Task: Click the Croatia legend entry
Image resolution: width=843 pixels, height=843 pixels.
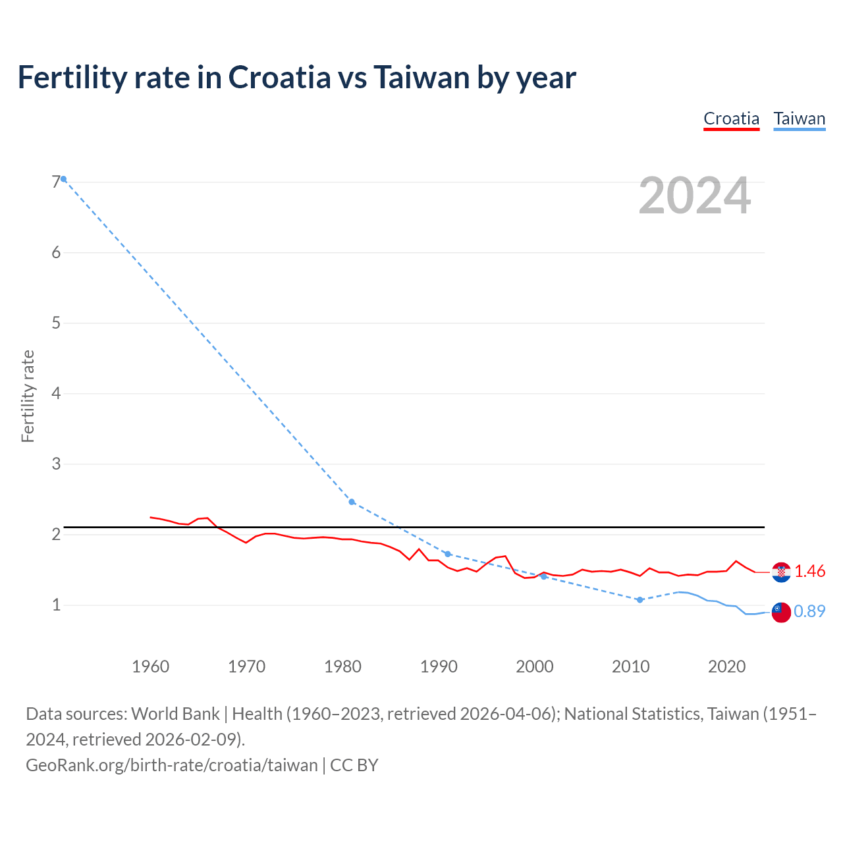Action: pyautogui.click(x=731, y=119)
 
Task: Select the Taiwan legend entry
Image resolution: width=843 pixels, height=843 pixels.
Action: pyautogui.click(x=799, y=119)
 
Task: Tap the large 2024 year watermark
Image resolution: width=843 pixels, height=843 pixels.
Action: pyautogui.click(x=694, y=196)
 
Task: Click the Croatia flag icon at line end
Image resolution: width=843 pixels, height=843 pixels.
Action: pyautogui.click(x=781, y=572)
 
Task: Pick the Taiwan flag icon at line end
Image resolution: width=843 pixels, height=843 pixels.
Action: pyautogui.click(x=781, y=612)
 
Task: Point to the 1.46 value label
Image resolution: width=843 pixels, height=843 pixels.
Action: pyautogui.click(x=809, y=572)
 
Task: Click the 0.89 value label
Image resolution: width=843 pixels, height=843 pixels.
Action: pyautogui.click(x=809, y=612)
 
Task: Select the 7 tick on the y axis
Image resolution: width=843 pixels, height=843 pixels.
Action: pyautogui.click(x=56, y=182)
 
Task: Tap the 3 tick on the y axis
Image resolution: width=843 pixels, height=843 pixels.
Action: pyautogui.click(x=56, y=464)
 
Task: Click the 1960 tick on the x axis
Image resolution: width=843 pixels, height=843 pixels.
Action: pyautogui.click(x=150, y=666)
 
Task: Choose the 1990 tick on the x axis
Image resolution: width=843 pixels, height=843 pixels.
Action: pyautogui.click(x=439, y=666)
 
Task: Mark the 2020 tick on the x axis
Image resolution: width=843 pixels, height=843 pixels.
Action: pyautogui.click(x=726, y=666)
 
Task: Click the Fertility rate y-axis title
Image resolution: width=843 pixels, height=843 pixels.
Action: pyautogui.click(x=28, y=396)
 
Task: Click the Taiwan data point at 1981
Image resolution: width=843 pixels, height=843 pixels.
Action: pyautogui.click(x=352, y=502)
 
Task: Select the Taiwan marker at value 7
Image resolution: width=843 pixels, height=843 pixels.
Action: pyautogui.click(x=63, y=179)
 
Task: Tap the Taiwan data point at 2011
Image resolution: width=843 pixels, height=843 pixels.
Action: pyautogui.click(x=639, y=600)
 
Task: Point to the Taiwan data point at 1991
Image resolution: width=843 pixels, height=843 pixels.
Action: pyautogui.click(x=448, y=554)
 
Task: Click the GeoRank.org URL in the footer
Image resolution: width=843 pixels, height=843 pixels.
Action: pyautogui.click(x=171, y=765)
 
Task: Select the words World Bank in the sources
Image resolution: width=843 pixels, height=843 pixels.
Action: pyautogui.click(x=175, y=714)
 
